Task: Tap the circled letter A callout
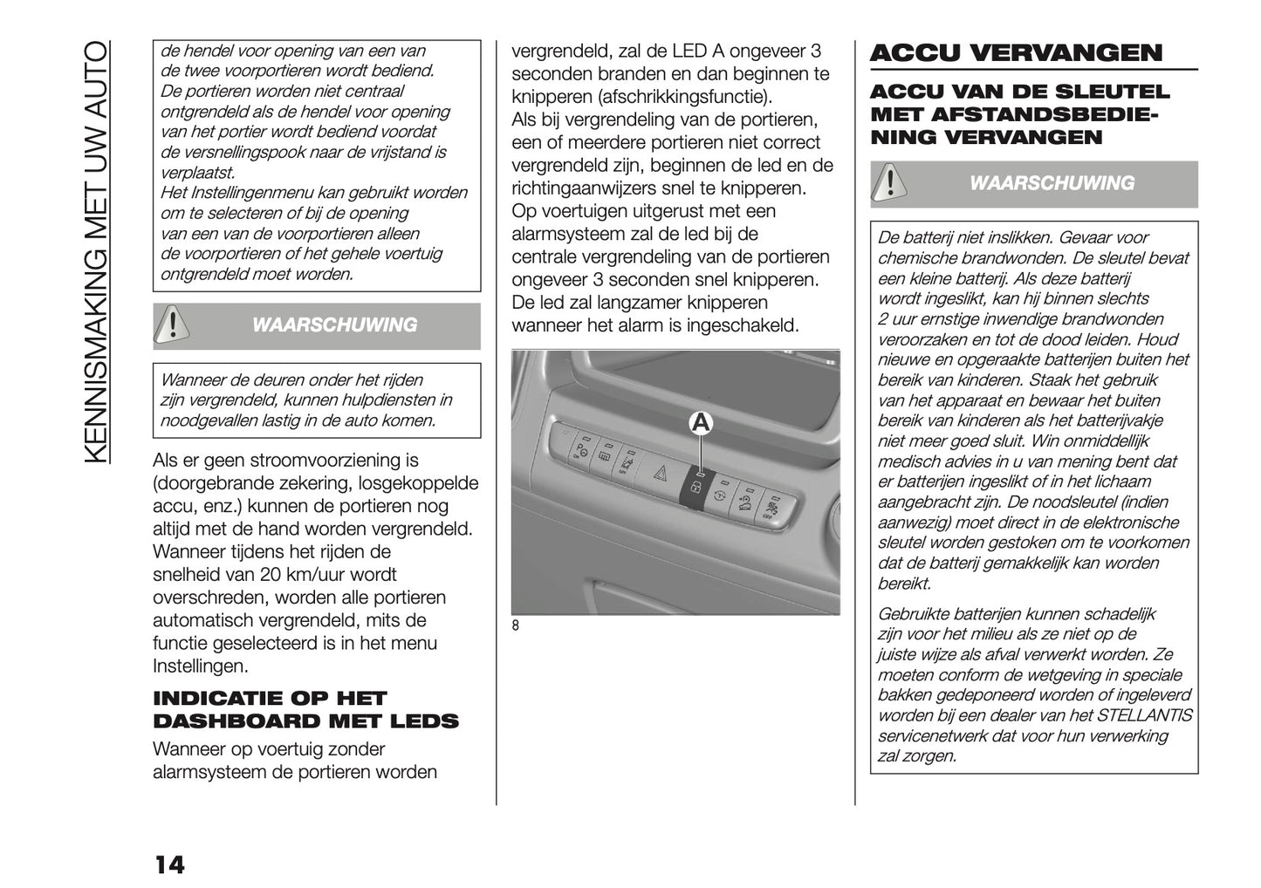(x=701, y=423)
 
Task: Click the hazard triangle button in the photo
(x=661, y=475)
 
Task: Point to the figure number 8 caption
(x=516, y=625)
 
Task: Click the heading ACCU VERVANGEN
(x=1016, y=53)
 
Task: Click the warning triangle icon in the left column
(x=174, y=325)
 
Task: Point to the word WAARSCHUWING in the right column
(x=1052, y=183)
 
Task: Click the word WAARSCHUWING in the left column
(x=334, y=325)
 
